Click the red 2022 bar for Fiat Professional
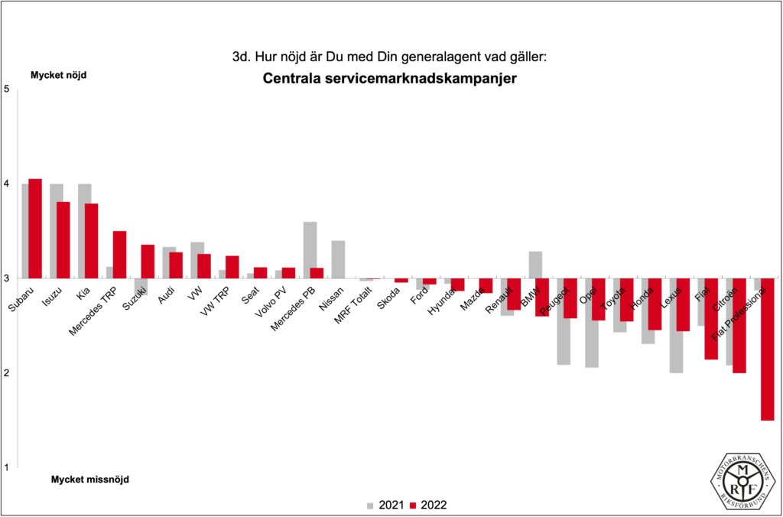(767, 349)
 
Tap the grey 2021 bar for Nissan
(338, 259)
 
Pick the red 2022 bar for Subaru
(35, 229)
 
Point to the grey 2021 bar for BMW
(535, 264)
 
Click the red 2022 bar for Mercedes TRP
(119, 255)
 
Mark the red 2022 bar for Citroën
(739, 326)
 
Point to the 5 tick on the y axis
(6, 89)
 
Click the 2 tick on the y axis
(6, 373)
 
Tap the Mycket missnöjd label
(90, 480)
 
